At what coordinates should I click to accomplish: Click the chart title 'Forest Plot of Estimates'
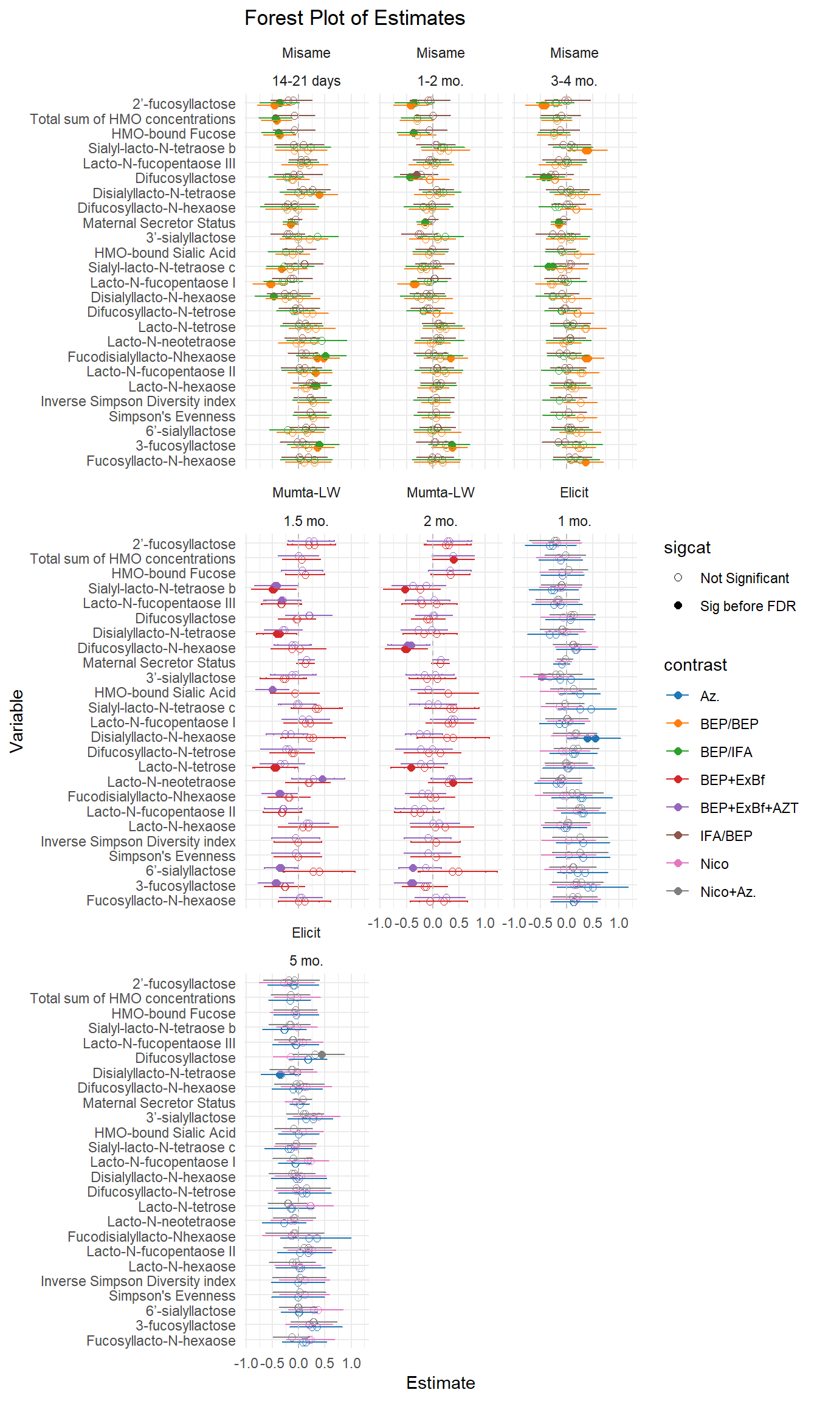(354, 18)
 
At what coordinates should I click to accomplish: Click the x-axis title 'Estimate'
(440, 1383)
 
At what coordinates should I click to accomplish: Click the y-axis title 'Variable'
(16, 721)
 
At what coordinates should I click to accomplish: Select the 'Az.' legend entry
(709, 696)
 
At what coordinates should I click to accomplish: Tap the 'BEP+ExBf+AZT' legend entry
(748, 808)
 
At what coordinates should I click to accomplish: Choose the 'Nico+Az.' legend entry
(728, 892)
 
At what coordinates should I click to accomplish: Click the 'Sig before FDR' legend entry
(747, 606)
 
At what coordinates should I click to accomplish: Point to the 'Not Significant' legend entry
(744, 578)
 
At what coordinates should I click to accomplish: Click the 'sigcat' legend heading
(687, 548)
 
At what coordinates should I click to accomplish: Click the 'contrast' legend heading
(695, 665)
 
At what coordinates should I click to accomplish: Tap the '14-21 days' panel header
(306, 81)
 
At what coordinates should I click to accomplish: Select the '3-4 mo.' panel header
(574, 81)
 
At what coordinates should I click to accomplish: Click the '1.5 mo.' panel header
(306, 521)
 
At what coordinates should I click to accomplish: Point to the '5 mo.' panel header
(306, 961)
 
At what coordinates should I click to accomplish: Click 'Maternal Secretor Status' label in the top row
(159, 223)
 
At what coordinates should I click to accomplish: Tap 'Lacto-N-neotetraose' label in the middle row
(171, 782)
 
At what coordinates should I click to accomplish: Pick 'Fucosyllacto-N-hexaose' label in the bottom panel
(160, 1341)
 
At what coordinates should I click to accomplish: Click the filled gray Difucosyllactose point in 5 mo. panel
(322, 1055)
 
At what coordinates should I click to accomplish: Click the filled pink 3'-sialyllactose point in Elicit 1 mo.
(542, 677)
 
